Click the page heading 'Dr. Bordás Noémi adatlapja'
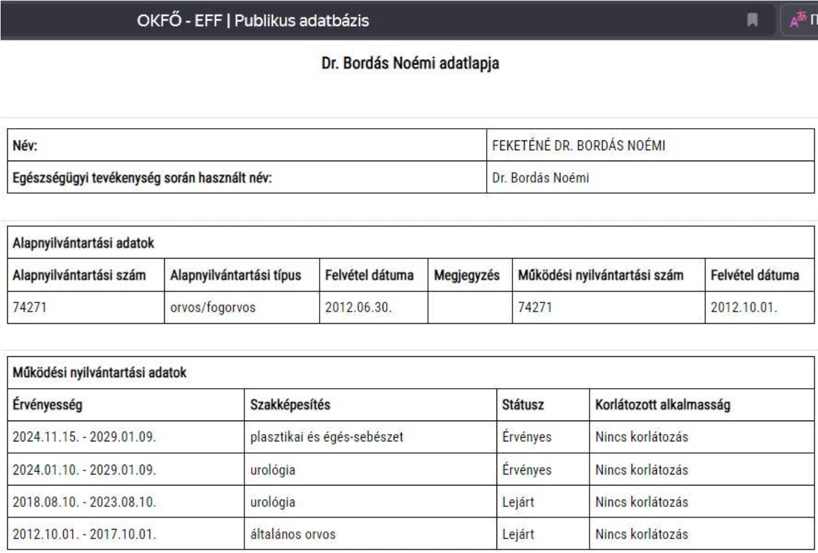coord(410,64)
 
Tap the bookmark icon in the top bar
coord(752,21)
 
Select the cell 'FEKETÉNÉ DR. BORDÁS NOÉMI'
coord(579,146)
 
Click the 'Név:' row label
coord(25,146)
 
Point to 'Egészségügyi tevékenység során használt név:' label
coord(142,178)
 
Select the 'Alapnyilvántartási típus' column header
coord(236,275)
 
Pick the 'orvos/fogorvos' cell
coord(212,307)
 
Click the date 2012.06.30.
coord(358,307)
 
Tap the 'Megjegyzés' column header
coord(467,275)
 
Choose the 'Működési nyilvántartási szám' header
coord(601,275)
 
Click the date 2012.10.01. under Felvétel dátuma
coord(744,307)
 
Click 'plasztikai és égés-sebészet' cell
coord(327,437)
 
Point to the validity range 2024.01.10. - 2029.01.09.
coord(84,470)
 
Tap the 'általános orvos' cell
coord(293,534)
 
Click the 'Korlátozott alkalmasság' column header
coord(662,405)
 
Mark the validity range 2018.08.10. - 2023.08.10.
coord(84,502)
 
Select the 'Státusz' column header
coord(523,405)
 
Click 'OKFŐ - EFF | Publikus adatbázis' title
coord(253,21)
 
